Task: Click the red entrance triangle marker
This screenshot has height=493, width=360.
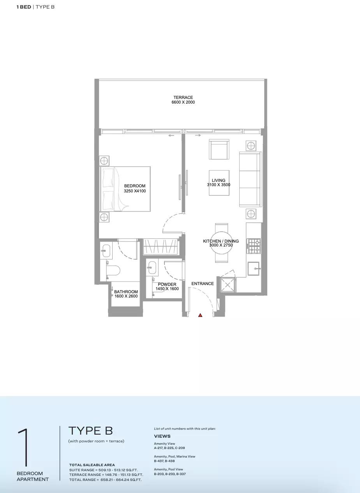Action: tap(200, 315)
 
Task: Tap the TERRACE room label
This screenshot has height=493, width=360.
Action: tap(183, 97)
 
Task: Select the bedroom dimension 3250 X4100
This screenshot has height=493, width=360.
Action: tap(135, 191)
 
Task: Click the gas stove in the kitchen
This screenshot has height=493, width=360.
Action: tap(253, 246)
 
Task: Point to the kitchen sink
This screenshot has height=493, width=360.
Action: tap(254, 269)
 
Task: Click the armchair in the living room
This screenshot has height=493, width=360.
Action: tap(219, 149)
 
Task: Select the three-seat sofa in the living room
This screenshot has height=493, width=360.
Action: tap(251, 179)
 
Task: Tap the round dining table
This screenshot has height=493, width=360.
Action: tap(221, 243)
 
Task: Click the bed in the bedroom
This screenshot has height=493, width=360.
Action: tap(125, 189)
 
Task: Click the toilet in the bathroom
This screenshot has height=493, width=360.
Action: tap(113, 270)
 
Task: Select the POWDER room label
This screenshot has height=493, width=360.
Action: tap(167, 284)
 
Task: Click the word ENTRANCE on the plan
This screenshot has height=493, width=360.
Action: tap(203, 283)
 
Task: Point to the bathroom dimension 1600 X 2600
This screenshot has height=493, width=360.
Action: tap(126, 296)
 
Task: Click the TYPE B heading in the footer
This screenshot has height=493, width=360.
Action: tap(90, 430)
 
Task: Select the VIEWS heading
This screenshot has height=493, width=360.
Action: tap(162, 436)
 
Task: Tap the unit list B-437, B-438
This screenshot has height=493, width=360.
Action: tap(164, 461)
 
